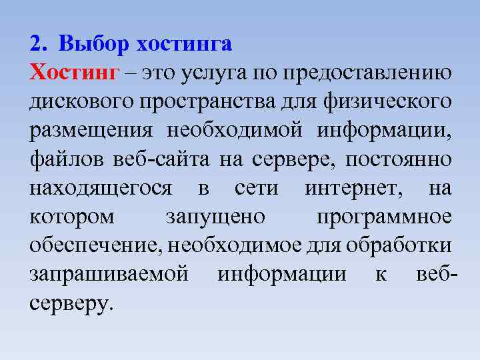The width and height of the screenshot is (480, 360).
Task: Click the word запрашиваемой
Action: coord(109,274)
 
